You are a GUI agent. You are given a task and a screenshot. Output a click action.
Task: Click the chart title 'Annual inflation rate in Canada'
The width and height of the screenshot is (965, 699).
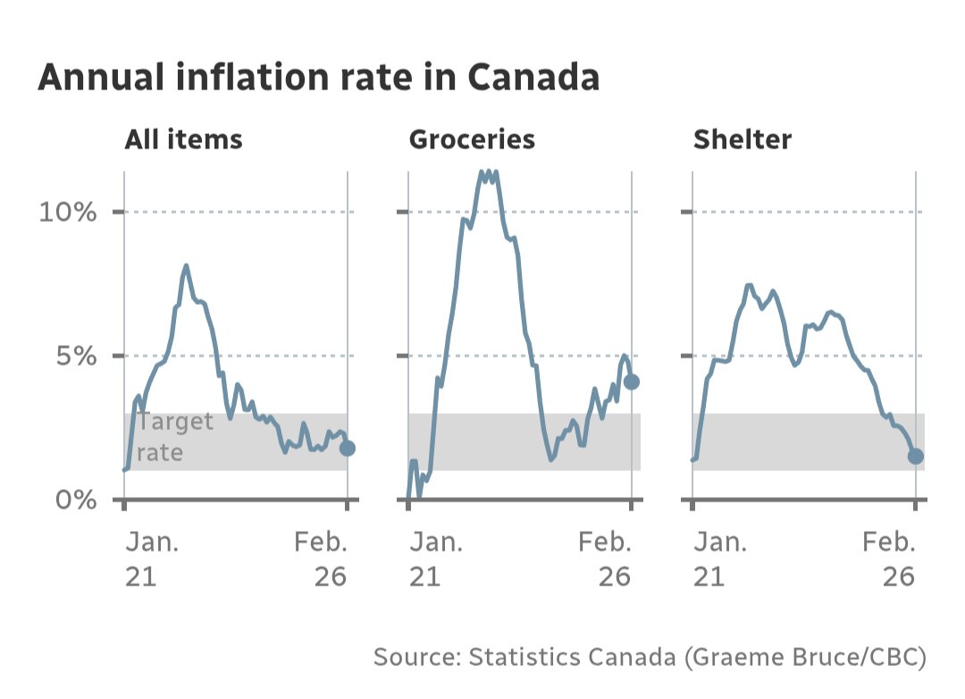pos(318,79)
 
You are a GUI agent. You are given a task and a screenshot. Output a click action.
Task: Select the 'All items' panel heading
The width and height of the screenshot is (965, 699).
pos(183,140)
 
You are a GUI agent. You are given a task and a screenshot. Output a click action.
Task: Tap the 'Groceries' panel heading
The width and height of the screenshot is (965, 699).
pos(472,140)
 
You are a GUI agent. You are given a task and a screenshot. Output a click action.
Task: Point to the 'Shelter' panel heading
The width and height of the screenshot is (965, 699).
pos(743,140)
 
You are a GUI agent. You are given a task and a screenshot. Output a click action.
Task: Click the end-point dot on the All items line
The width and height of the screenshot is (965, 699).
pos(348,448)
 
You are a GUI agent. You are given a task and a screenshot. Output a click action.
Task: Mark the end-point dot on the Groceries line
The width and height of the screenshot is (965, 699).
pos(632,382)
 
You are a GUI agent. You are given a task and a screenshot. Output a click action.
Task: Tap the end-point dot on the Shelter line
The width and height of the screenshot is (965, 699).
pos(916,456)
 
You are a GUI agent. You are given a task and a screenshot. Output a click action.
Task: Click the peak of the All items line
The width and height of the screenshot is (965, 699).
pos(186,265)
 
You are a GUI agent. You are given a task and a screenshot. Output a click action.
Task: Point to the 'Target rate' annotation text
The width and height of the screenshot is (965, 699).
pos(175,437)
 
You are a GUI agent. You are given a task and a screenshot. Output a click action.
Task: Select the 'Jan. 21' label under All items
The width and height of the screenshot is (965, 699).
pos(151,560)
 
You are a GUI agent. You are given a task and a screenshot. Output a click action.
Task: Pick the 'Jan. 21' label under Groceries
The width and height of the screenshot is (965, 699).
pos(436,560)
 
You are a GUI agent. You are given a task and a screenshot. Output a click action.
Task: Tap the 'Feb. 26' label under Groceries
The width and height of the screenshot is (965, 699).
pos(605,560)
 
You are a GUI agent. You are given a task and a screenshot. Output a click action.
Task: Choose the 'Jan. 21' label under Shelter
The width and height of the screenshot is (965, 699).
pos(720,560)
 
